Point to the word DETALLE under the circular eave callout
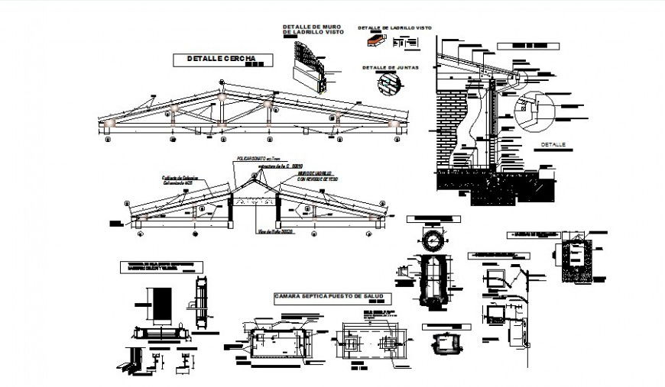pyautogui.click(x=553, y=144)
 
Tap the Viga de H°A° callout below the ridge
pyautogui.click(x=261, y=232)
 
